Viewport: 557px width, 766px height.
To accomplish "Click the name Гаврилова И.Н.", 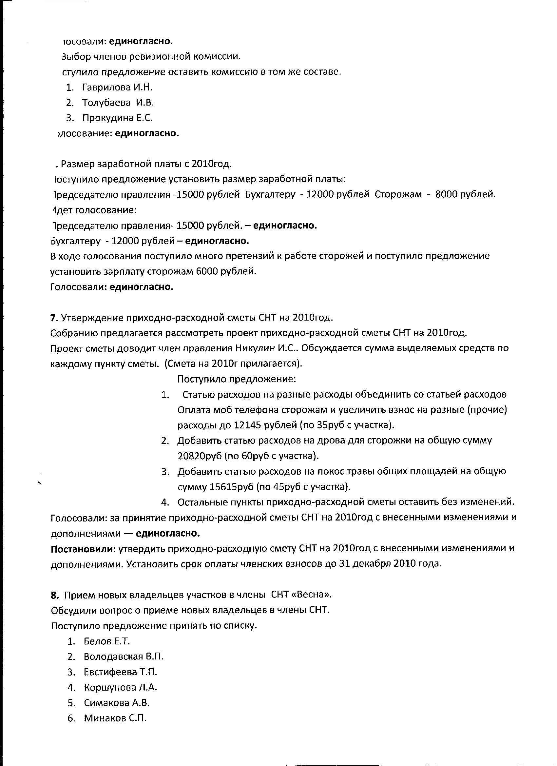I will tap(117, 88).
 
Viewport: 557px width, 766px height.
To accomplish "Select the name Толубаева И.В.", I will tap(118, 103).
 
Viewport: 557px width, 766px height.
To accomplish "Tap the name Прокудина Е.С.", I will tap(117, 118).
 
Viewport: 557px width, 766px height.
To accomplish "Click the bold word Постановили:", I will tap(83, 548).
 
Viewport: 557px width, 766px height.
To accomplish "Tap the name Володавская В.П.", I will tap(124, 657).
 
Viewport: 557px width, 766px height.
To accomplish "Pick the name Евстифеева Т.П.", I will tap(120, 672).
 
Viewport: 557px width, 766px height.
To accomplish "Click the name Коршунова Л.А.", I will tap(120, 687).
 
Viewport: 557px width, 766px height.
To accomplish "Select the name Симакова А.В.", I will tap(116, 703).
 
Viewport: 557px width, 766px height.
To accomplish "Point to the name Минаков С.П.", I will tap(115, 718).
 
